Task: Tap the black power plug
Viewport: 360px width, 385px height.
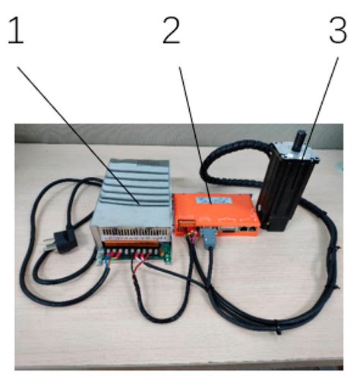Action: [58, 241]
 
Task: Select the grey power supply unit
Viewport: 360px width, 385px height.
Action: [134, 205]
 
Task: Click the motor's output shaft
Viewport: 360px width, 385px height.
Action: [298, 139]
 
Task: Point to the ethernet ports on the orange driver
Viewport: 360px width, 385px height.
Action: [248, 228]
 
